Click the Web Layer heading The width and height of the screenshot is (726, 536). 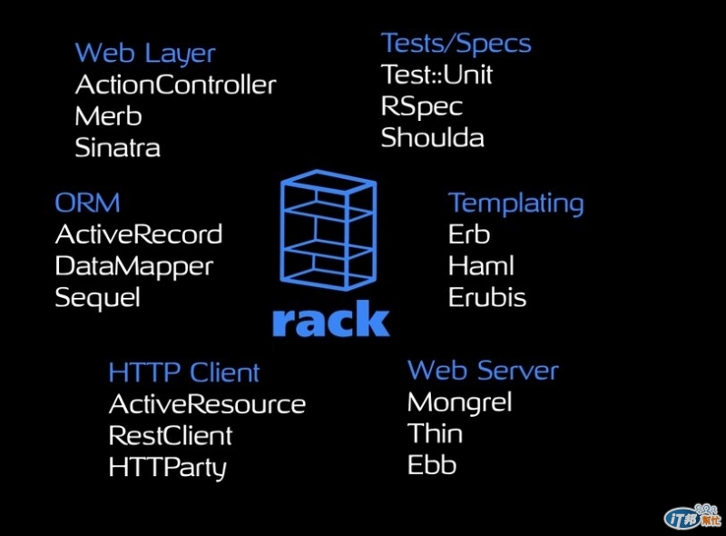coord(144,54)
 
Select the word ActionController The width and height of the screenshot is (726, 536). coord(175,85)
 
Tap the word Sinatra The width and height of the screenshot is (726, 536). coord(117,148)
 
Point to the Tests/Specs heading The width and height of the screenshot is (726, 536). coord(456,44)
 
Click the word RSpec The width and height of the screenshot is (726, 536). coord(421,106)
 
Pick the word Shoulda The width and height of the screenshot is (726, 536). coord(432,138)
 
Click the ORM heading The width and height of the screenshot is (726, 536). coord(87,203)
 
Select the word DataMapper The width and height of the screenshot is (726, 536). coord(133,266)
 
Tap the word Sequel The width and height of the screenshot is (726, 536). coord(97,298)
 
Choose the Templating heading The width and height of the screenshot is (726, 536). coord(515,203)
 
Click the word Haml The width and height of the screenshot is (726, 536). coord(481,266)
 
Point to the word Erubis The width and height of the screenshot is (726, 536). coord(487,298)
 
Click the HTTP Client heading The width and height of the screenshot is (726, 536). coord(183,372)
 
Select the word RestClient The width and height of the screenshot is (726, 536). coord(171,436)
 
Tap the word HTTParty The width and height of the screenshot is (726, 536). coord(167,468)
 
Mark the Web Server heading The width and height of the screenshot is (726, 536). coord(483,371)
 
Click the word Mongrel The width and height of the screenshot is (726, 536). coord(460,402)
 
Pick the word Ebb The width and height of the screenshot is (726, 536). coord(432,466)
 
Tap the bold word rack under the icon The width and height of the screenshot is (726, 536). coord(330,321)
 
